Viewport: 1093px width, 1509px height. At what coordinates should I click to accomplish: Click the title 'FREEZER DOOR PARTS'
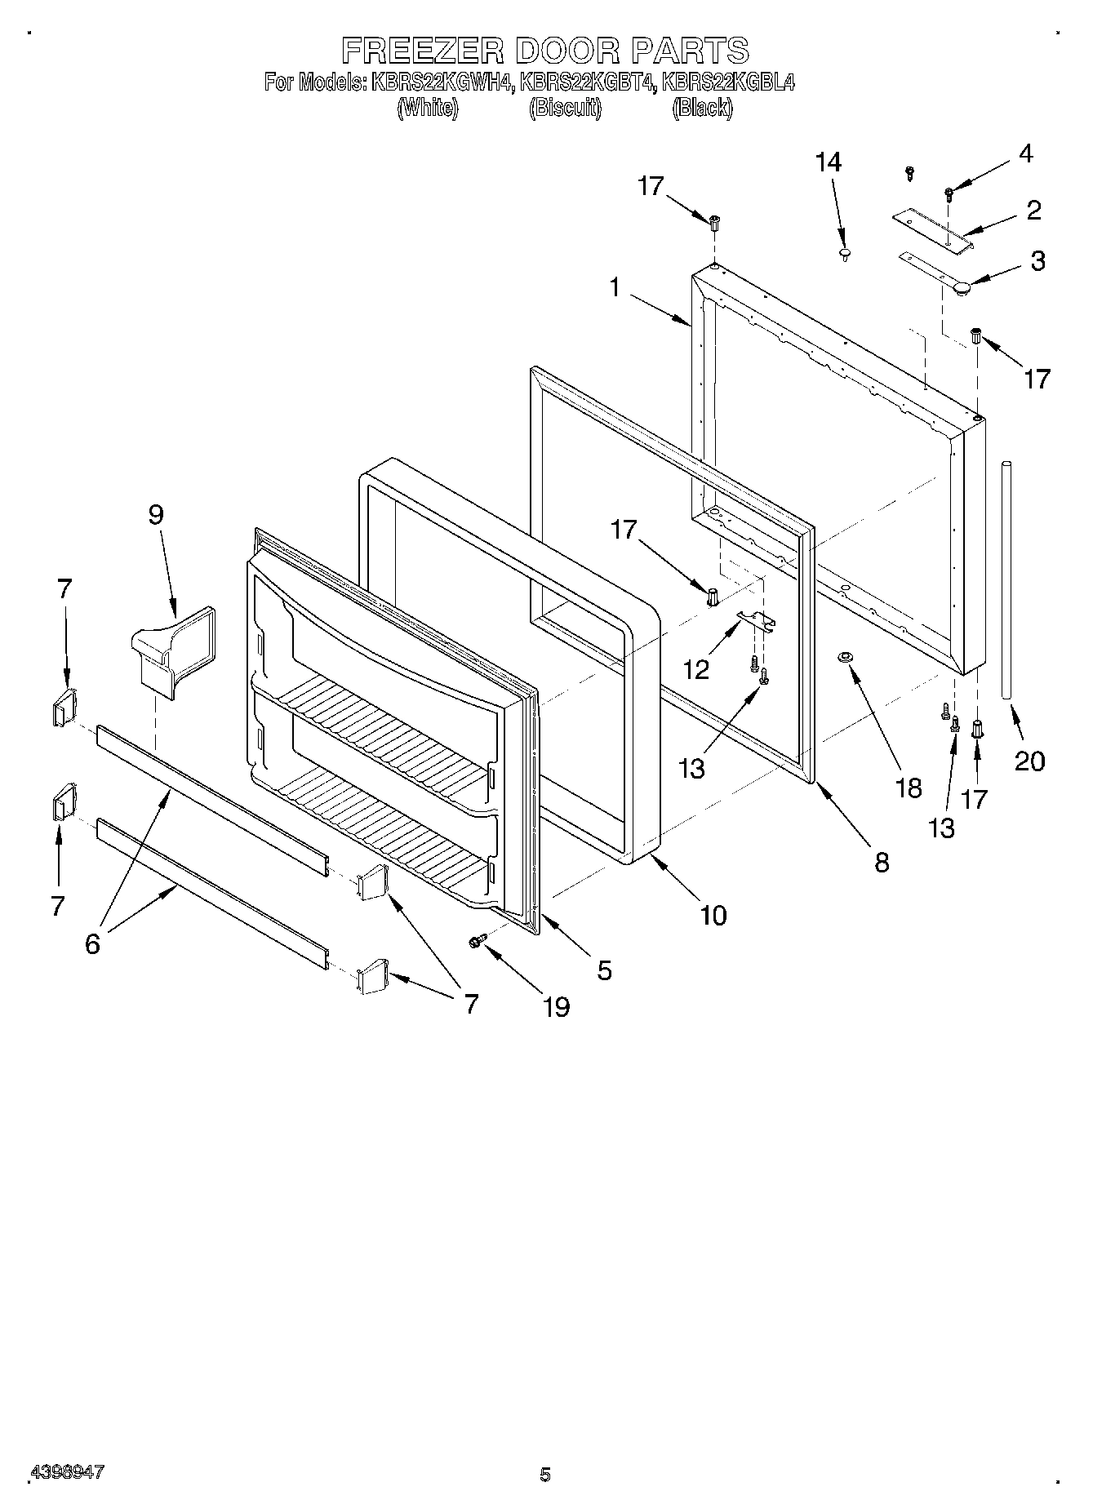[x=544, y=51]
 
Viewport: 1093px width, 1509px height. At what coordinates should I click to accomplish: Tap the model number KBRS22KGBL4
[x=728, y=82]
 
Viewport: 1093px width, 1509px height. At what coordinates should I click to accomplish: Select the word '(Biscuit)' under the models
[x=565, y=109]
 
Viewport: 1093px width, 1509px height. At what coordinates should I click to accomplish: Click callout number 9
[x=155, y=514]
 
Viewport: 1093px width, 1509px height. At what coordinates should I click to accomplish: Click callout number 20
[x=1029, y=761]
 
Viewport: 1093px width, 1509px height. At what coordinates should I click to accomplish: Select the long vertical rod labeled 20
[x=1007, y=579]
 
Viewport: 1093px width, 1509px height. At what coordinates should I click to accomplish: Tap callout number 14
[x=828, y=162]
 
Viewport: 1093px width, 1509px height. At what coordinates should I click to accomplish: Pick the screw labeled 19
[x=477, y=941]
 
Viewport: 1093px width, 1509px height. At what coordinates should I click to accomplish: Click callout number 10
[x=713, y=915]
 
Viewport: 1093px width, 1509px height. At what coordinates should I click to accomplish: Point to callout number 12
[x=695, y=670]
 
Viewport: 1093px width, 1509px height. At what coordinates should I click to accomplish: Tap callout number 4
[x=1025, y=153]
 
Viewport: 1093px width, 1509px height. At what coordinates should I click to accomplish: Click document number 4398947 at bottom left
[x=67, y=1471]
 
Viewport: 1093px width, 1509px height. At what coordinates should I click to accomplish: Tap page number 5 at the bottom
[x=545, y=1474]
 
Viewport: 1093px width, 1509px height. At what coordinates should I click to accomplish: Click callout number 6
[x=92, y=943]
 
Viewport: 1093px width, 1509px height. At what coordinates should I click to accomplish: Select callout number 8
[x=882, y=862]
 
